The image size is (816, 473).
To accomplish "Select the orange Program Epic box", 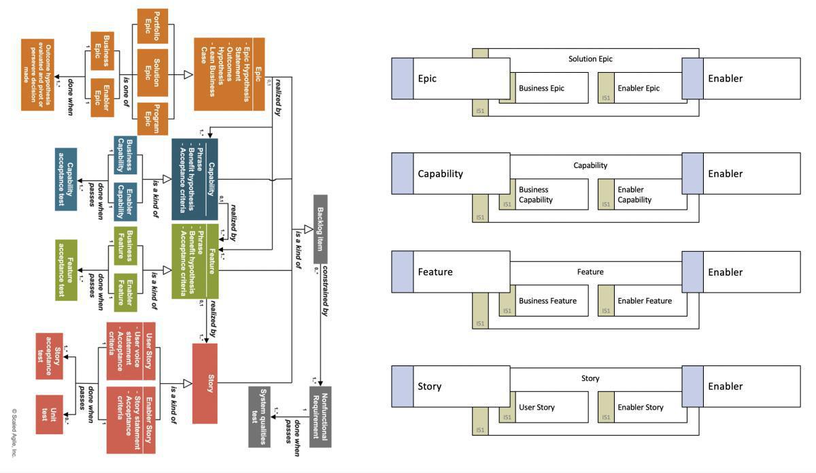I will click(x=152, y=120).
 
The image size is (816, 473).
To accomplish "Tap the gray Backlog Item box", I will click(x=320, y=228).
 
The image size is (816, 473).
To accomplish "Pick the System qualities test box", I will click(x=259, y=417).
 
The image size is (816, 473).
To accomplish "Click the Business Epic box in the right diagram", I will click(x=543, y=88).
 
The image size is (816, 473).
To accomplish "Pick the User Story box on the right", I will click(x=543, y=407).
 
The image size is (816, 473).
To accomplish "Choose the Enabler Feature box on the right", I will click(x=642, y=301).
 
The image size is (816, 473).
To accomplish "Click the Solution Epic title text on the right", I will click(x=590, y=59).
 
